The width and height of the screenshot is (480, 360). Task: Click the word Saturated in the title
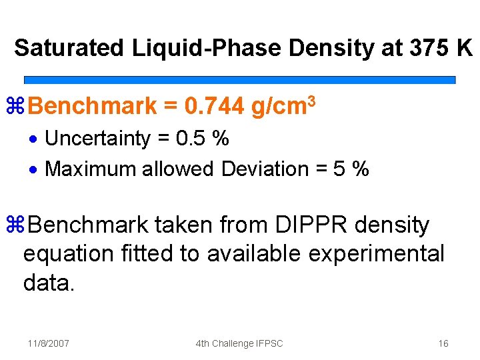pyautogui.click(x=69, y=48)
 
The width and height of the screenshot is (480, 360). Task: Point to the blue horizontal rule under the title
pyautogui.click(x=239, y=79)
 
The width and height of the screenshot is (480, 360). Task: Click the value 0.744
pyautogui.click(x=215, y=106)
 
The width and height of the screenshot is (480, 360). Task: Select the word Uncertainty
pyautogui.click(x=97, y=139)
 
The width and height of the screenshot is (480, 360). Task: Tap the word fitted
pyautogui.click(x=153, y=254)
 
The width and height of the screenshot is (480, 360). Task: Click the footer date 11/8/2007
pyautogui.click(x=49, y=343)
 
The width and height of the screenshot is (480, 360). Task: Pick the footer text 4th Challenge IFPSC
pyautogui.click(x=239, y=343)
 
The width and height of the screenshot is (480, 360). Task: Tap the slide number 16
pyautogui.click(x=443, y=343)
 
